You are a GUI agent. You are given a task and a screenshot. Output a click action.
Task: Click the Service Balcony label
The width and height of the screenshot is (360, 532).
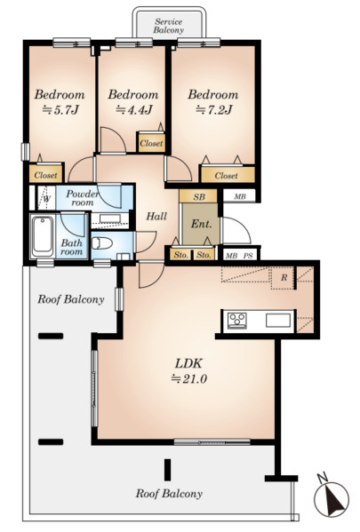tap(169, 26)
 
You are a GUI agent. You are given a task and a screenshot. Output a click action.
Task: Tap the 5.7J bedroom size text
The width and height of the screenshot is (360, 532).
tap(60, 109)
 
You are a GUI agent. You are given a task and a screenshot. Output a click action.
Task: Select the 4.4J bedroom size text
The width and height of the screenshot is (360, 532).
tap(134, 109)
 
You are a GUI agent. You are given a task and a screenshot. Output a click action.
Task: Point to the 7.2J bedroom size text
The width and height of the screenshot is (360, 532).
tap(214, 109)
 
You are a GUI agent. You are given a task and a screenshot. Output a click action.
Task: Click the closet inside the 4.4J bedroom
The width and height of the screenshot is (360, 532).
tap(151, 142)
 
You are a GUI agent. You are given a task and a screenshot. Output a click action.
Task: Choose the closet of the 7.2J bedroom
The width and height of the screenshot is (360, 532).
tap(228, 175)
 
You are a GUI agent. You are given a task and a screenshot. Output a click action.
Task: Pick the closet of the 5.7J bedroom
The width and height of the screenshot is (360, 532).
tap(46, 174)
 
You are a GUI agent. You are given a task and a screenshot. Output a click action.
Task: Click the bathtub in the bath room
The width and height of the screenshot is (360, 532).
tap(43, 236)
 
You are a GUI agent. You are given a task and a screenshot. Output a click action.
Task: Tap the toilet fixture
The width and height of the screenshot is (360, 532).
tap(102, 243)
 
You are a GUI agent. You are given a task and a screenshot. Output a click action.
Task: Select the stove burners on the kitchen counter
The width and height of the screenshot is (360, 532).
tap(236, 321)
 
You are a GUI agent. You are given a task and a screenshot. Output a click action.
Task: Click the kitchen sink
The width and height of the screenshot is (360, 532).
tap(278, 321)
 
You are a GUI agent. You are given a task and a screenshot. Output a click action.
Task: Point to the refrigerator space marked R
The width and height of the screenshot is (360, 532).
tap(283, 278)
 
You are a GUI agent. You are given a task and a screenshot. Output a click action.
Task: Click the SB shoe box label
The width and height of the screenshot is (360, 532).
tap(199, 197)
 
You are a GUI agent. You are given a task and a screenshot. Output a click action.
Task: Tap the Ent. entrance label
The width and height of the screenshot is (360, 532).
tap(202, 224)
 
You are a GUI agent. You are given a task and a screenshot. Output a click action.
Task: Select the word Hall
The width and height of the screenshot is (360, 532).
tap(156, 216)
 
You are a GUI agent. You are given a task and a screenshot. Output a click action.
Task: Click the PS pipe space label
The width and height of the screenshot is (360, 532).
tap(248, 256)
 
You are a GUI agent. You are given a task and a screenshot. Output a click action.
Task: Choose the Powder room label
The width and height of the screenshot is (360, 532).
tap(82, 198)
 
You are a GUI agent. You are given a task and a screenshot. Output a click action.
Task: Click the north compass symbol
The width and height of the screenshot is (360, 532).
tap(332, 498)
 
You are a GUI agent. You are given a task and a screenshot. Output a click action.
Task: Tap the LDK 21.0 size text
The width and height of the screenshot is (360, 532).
tap(188, 371)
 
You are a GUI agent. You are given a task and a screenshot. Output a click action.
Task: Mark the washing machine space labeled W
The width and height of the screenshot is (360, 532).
tap(46, 198)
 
